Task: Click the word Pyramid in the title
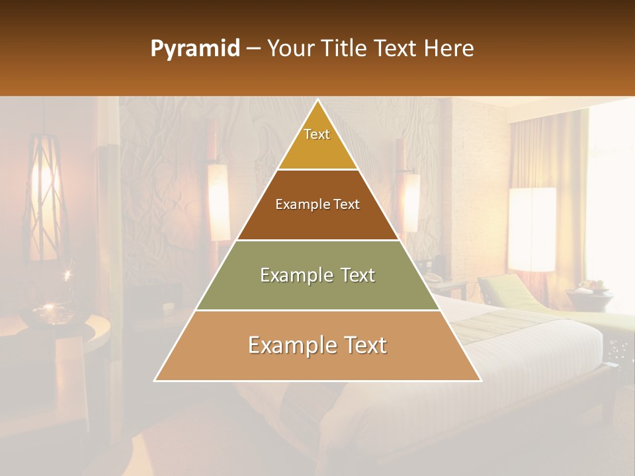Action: (x=194, y=50)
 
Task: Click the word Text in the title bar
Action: (x=398, y=49)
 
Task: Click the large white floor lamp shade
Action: (x=532, y=229)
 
